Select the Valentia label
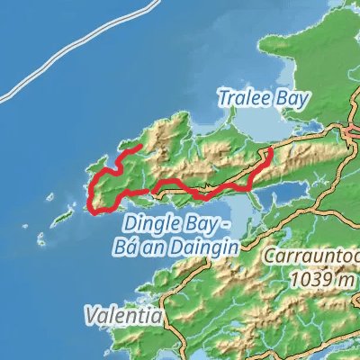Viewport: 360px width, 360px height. (x=124, y=317)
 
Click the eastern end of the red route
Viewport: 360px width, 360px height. (x=270, y=154)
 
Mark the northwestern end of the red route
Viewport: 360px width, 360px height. (x=139, y=145)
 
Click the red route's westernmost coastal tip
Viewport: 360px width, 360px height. (x=90, y=210)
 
